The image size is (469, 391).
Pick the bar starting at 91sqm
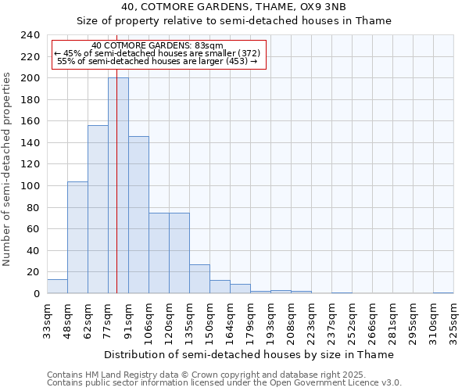[x=138, y=214]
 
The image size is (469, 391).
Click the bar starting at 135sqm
[x=199, y=278]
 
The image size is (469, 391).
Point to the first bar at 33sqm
[x=57, y=286]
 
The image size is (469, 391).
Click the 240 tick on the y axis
[x=30, y=35]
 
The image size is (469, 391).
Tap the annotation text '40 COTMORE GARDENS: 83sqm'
[x=157, y=45]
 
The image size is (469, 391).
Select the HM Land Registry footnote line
[x=223, y=375]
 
